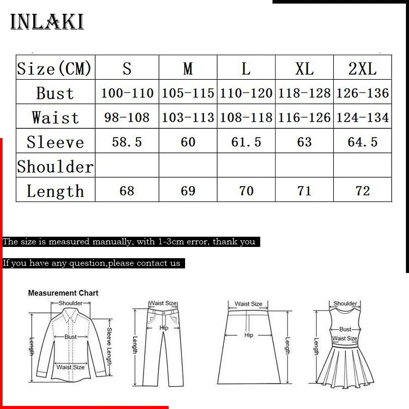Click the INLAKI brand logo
click(47, 22)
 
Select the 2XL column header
click(362, 68)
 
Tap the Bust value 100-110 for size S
click(127, 93)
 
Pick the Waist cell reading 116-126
click(304, 118)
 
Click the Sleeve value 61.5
click(246, 142)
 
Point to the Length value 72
click(362, 191)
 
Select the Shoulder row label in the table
click(55, 167)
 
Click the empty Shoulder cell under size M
click(188, 166)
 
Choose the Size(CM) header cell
click(55, 68)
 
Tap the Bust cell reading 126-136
click(362, 93)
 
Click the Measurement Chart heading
click(63, 293)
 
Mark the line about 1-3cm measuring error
click(129, 242)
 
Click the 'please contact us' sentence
click(92, 263)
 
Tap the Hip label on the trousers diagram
click(164, 328)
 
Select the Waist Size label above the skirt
click(248, 304)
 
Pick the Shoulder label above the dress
click(345, 304)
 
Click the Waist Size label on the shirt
click(71, 367)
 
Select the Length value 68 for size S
click(127, 191)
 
